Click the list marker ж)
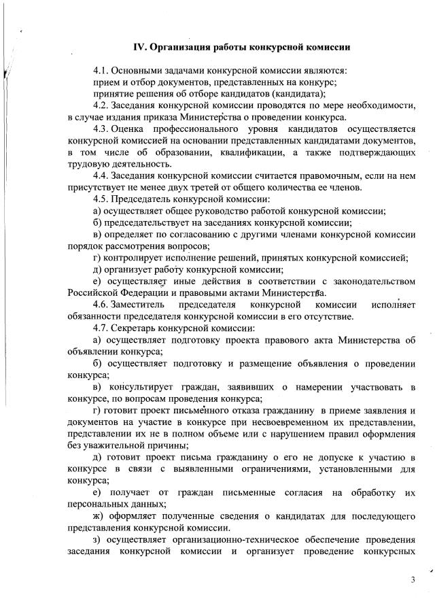tap(99, 516)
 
